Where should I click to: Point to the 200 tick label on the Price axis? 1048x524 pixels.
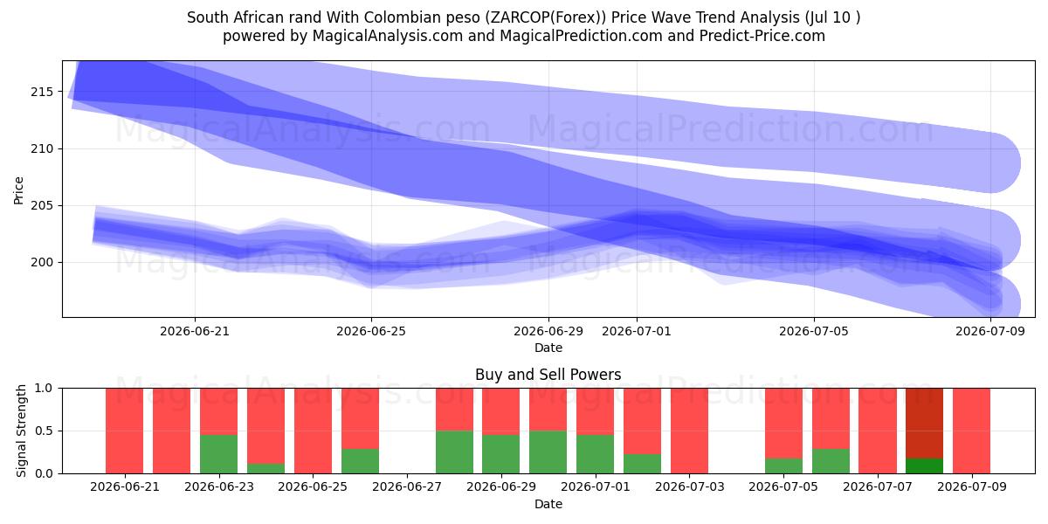coord(42,263)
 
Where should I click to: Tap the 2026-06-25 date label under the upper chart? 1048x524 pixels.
coord(371,331)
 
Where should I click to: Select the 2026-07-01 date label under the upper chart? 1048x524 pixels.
coord(637,331)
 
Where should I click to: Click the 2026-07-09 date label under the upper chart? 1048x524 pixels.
coord(990,331)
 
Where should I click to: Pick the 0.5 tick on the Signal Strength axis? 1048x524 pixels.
coord(44,431)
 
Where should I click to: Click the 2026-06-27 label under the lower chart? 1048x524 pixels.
coord(407,487)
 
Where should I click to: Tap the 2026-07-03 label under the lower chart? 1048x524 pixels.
coord(690,487)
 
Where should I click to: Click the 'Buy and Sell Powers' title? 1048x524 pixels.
coord(548,375)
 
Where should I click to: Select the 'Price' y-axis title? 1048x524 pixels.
coord(18,190)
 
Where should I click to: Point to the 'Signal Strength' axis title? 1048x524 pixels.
coord(21,431)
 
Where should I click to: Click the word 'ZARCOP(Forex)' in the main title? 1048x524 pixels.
coord(546,17)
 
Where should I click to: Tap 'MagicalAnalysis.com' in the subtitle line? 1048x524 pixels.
coord(388,36)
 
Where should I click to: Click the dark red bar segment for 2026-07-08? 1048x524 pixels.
coord(925,424)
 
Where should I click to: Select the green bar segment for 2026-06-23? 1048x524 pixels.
coord(218,454)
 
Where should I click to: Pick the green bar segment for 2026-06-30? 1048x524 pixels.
coord(548,452)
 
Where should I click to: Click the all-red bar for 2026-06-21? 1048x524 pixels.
coord(124,431)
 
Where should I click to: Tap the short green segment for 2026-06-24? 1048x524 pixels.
coord(265,468)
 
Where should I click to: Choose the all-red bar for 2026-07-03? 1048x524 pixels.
coord(689,431)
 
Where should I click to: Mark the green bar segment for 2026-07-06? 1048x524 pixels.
coord(831,461)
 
